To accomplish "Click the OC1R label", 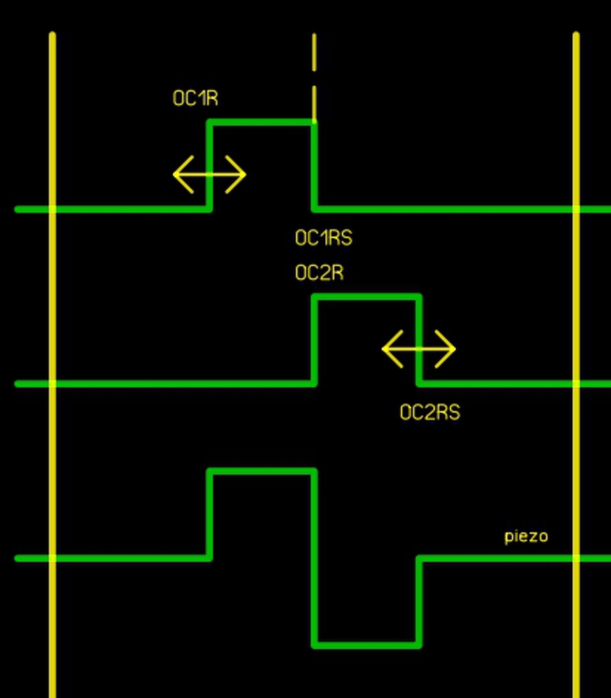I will coord(195,98).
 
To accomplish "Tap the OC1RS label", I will coord(323,238).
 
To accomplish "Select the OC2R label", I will coord(318,273).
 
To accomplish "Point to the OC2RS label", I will coord(430,412).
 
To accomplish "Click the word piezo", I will coord(526,536).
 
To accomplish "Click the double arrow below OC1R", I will coord(209,174).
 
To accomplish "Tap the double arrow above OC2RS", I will coord(419,348).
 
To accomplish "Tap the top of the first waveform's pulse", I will coord(262,122).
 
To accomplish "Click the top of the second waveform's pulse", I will coord(367,297).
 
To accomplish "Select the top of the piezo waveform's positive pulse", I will coord(262,471).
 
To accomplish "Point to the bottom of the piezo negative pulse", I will coord(367,644).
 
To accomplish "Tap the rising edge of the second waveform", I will coord(314,340).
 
